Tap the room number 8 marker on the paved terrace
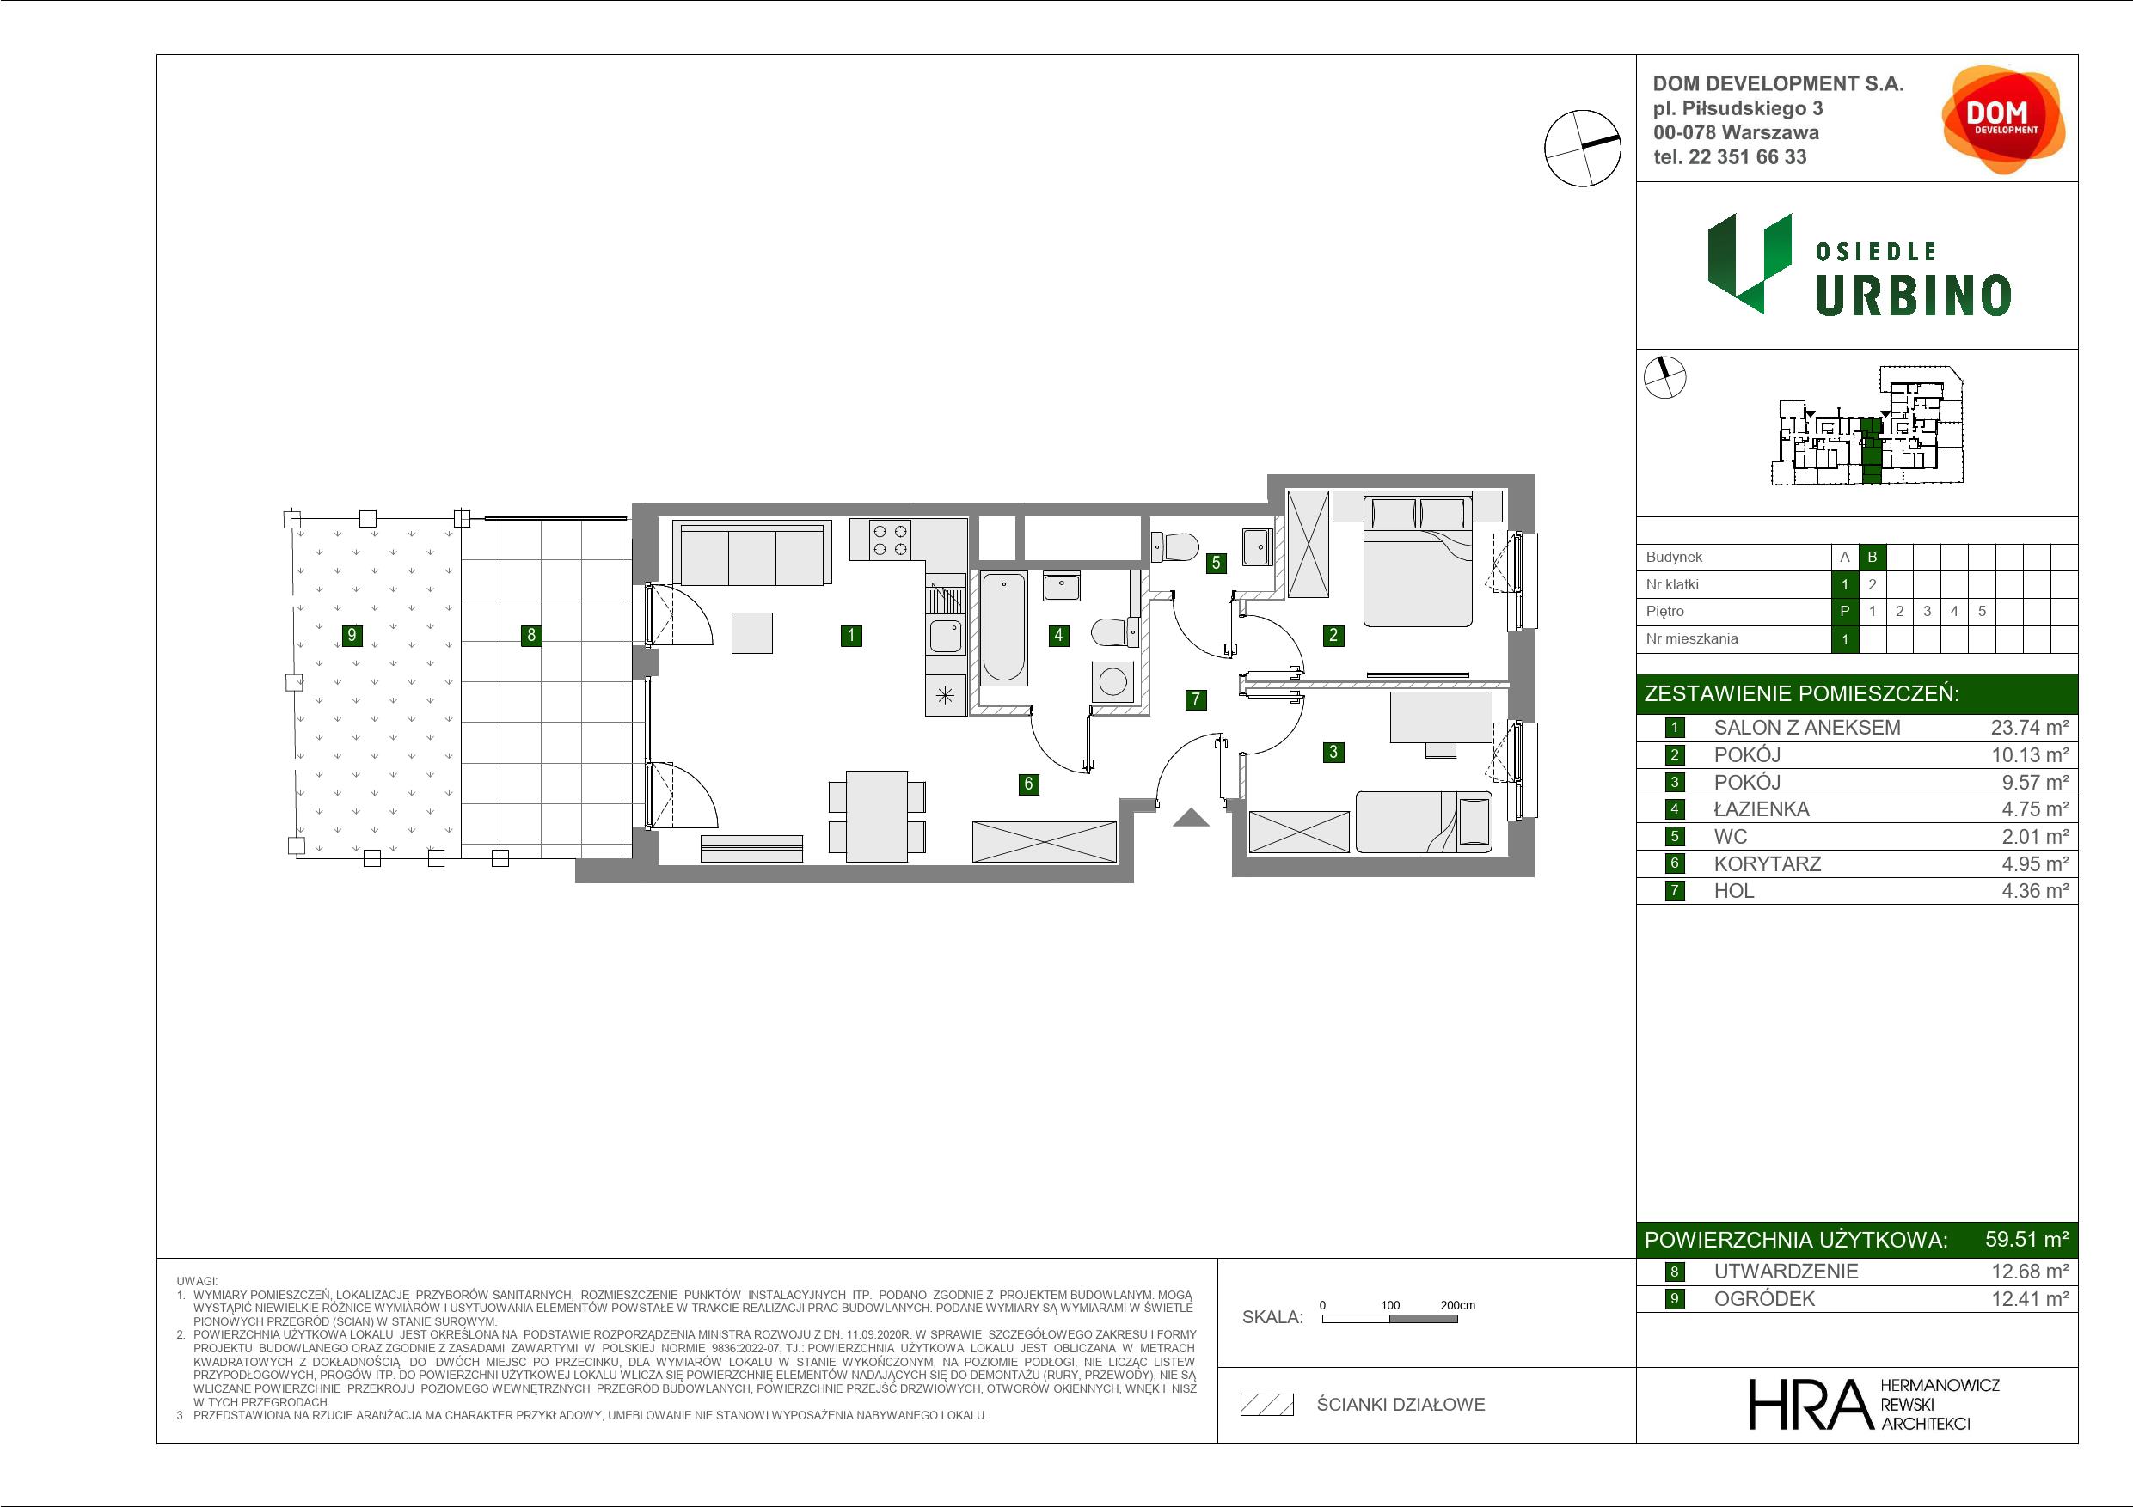click(531, 635)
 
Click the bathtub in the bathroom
click(1004, 628)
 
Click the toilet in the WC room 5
click(1174, 547)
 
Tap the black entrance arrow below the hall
click(1191, 817)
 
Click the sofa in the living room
click(752, 554)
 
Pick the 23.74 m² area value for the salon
click(2029, 728)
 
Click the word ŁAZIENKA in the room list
click(1762, 809)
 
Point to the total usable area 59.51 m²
click(2026, 1240)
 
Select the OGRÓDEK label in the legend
click(1764, 1299)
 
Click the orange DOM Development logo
click(2003, 119)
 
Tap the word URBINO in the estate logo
click(1913, 296)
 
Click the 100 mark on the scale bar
click(1390, 1304)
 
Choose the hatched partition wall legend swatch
click(1267, 1405)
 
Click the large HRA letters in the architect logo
click(1810, 1404)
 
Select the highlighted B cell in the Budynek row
click(1872, 557)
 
